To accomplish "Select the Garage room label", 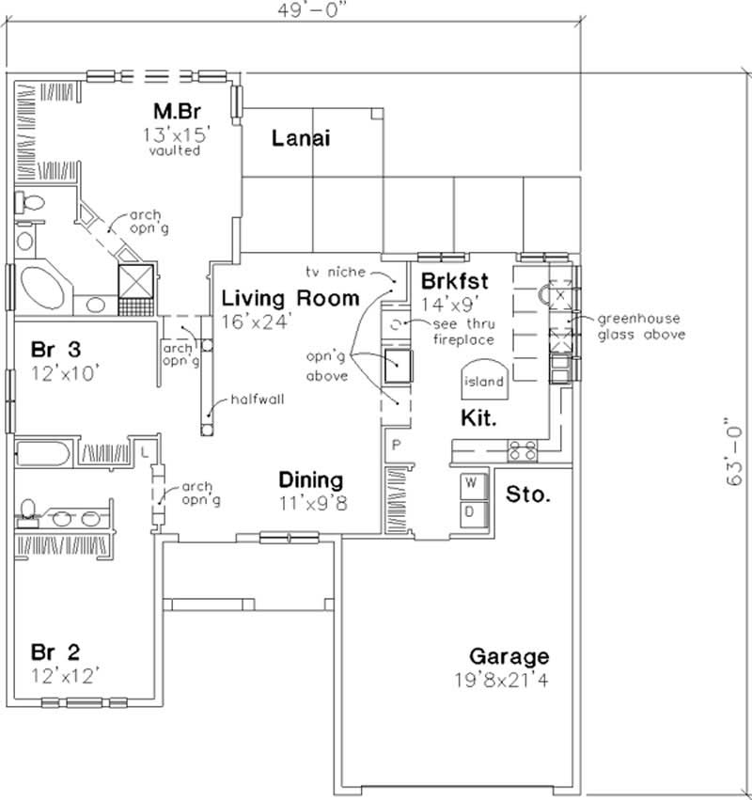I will [509, 656].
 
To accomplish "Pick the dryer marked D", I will [472, 510].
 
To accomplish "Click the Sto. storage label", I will [528, 494].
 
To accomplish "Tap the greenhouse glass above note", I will [642, 327].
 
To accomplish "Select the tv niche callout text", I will [334, 271].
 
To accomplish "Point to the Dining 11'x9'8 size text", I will [313, 502].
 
